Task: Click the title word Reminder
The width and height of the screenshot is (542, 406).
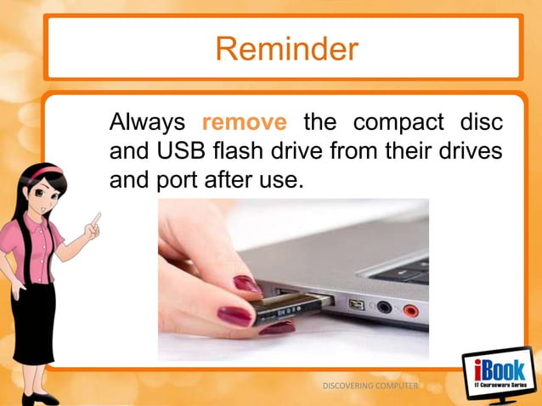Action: coord(285,49)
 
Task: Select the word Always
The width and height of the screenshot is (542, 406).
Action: coord(145,124)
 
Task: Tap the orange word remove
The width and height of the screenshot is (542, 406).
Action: coord(244,124)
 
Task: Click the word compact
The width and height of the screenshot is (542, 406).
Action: coord(390,124)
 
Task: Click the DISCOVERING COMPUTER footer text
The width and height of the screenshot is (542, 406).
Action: coord(371,386)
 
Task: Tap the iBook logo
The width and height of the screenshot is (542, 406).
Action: coord(498,375)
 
